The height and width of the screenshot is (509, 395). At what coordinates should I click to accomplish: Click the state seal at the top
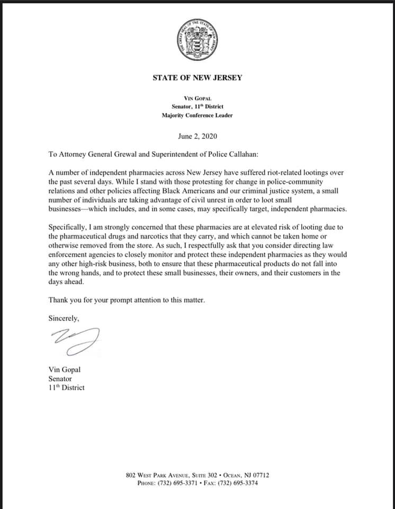pos(197,40)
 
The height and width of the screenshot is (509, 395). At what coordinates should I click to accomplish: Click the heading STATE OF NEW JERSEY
pos(197,77)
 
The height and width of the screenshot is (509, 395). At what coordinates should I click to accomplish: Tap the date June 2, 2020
pos(197,136)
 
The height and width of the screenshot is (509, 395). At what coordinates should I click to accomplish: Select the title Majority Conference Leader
pos(197,115)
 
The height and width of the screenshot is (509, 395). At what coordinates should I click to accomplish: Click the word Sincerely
pos(64,319)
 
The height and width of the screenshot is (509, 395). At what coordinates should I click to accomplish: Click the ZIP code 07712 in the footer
pos(260,475)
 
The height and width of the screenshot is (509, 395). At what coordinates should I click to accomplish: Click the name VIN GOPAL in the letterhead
pos(197,98)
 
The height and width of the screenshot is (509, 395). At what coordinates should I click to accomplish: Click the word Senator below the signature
pos(60,379)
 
